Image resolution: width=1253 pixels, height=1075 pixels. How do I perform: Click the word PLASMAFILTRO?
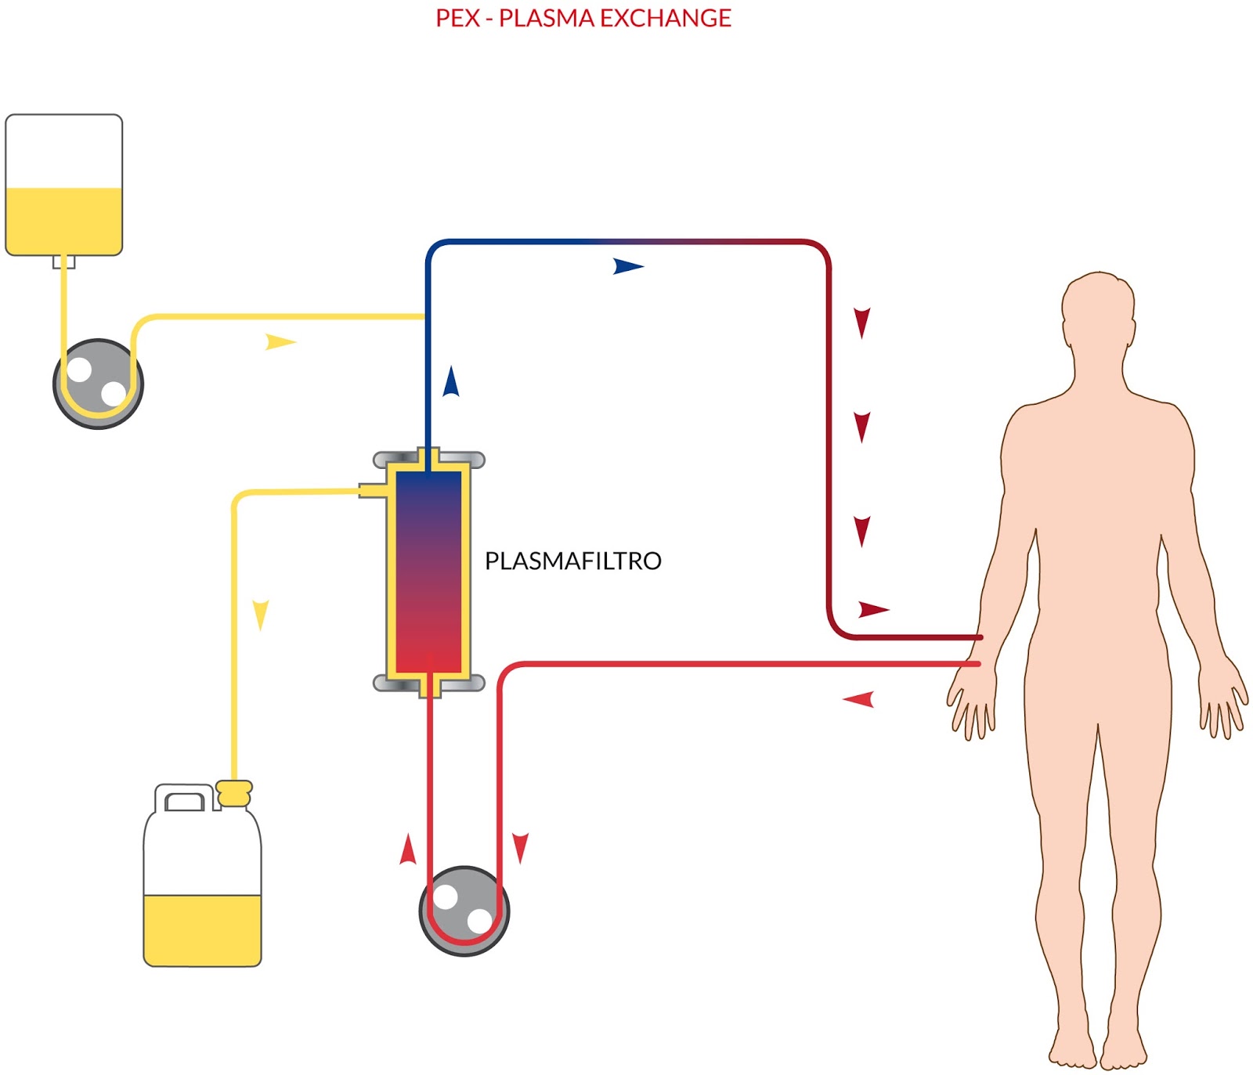coord(572,561)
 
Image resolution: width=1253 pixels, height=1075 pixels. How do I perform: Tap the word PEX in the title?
coord(457,18)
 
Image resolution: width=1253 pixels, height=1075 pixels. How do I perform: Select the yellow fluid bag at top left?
coord(64,185)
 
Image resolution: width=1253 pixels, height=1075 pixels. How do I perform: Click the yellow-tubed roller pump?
coord(99,384)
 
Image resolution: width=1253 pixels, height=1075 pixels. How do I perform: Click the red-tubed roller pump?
coord(464,911)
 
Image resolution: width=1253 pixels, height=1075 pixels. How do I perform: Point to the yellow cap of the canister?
coord(234,793)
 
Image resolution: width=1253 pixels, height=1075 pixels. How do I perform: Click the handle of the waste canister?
coord(185,799)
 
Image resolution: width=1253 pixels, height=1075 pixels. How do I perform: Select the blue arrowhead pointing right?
coord(628,266)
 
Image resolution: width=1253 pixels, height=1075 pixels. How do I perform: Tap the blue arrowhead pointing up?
coord(451,381)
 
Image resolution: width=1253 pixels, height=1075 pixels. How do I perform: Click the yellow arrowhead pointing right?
coord(280,342)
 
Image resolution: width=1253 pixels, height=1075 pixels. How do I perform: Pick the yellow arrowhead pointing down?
coord(261,615)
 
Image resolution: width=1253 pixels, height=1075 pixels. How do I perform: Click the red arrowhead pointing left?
coord(858,699)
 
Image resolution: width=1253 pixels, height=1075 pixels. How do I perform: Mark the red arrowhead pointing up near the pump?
coord(407,850)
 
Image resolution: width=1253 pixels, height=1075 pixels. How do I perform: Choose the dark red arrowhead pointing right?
coord(874,609)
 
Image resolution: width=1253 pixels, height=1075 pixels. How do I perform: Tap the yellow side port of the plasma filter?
coord(373,490)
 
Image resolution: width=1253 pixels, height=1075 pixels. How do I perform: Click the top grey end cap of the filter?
coord(429,459)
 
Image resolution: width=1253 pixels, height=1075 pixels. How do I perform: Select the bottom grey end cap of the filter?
coord(429,683)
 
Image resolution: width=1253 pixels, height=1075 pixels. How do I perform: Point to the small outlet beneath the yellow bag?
coord(64,262)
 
